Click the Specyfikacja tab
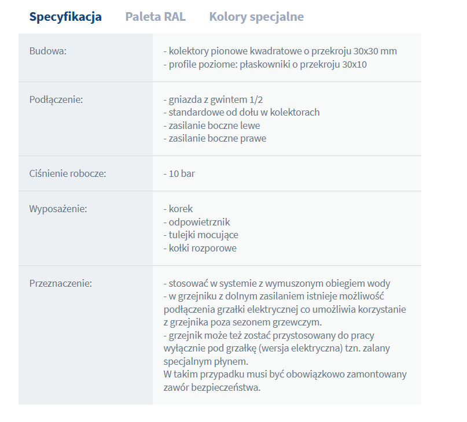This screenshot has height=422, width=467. click(65, 17)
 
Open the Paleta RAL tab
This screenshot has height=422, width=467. click(155, 17)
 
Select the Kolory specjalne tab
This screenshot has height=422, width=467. click(256, 17)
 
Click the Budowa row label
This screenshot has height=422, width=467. click(48, 51)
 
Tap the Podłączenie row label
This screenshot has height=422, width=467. click(56, 99)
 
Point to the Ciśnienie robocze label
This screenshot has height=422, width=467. click(68, 173)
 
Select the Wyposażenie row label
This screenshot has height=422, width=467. click(58, 209)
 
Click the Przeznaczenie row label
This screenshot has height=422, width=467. click(61, 283)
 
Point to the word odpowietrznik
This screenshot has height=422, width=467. click(199, 222)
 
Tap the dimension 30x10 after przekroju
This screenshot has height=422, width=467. click(354, 64)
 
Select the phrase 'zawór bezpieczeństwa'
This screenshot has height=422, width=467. click(212, 387)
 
